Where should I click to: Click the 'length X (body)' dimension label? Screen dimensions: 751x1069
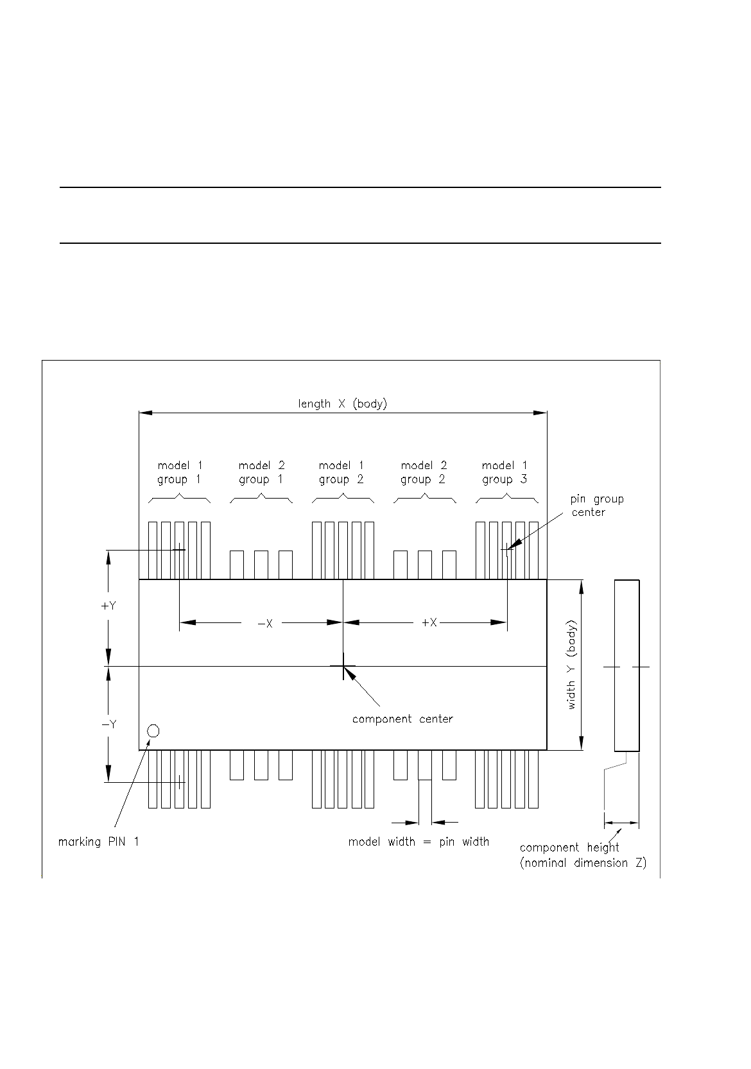(x=342, y=404)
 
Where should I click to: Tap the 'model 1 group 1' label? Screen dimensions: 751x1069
(x=180, y=472)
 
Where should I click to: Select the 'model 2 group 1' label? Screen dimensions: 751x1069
(x=261, y=472)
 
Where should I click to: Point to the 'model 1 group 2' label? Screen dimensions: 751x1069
(x=341, y=472)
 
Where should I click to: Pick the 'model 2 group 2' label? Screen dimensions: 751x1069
(x=423, y=472)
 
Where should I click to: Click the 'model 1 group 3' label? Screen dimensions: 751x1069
(x=505, y=472)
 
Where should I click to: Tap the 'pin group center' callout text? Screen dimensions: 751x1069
(x=596, y=506)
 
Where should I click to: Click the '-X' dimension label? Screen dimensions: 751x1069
(x=265, y=623)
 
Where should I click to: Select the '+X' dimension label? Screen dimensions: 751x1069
(x=429, y=622)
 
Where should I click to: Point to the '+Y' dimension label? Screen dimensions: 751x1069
(x=108, y=605)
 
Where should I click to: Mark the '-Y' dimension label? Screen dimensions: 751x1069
(x=108, y=724)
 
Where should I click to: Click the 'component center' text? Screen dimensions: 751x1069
(x=402, y=719)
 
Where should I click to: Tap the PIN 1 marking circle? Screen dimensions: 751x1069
(x=153, y=731)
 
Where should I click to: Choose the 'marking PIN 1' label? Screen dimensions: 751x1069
(x=98, y=842)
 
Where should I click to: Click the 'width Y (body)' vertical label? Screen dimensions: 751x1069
(x=571, y=665)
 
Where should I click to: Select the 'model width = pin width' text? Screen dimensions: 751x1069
(x=419, y=842)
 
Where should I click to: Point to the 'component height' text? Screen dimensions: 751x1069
(x=569, y=848)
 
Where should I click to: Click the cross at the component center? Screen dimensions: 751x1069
(x=343, y=667)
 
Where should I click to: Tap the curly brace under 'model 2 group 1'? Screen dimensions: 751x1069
(x=261, y=499)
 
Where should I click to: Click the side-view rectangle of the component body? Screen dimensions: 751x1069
(x=626, y=665)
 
